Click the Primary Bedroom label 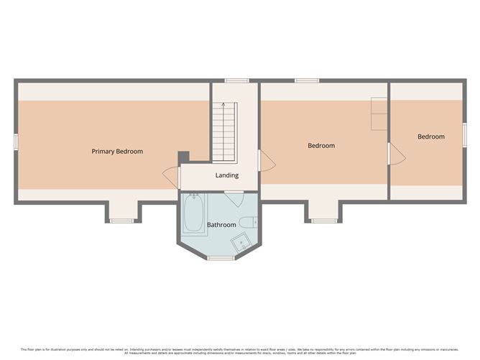(x=117, y=152)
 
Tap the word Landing (x=227, y=175)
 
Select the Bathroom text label (x=221, y=225)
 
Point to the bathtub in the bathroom (x=193, y=214)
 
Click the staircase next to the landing (x=224, y=132)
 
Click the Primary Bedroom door (x=171, y=175)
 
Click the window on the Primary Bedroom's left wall (x=15, y=141)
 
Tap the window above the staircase (x=236, y=80)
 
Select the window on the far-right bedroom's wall (x=465, y=134)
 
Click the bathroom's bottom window (x=222, y=257)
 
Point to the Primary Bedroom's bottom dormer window (x=122, y=221)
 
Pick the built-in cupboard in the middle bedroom (x=379, y=114)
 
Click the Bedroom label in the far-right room (x=431, y=137)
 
